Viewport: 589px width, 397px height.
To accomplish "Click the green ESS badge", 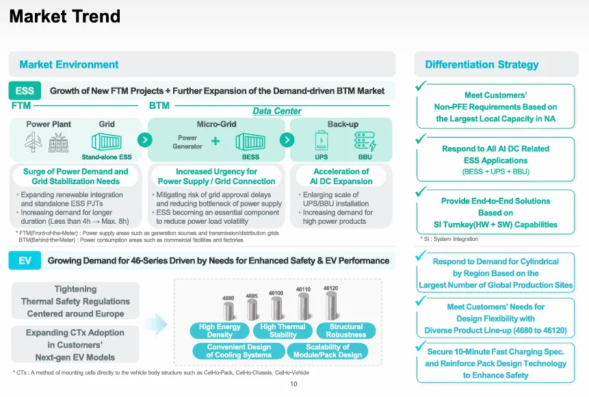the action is pos(25,90).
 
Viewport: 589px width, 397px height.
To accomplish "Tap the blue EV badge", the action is pos(25,261).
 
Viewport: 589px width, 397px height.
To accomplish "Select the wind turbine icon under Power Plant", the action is pos(34,142).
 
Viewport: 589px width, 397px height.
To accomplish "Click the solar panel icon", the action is pos(59,143).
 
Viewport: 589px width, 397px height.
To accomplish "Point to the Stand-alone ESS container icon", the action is pos(107,142).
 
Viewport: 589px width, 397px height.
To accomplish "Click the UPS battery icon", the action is pos(321,140).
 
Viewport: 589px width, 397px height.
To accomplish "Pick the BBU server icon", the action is pos(365,141).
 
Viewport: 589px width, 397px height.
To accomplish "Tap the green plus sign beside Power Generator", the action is pos(215,141).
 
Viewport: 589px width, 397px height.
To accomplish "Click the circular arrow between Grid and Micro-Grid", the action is pos(144,140).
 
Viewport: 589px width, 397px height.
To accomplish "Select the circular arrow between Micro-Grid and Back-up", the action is pos(287,140).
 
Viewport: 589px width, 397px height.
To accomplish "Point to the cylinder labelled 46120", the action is pos(331,305).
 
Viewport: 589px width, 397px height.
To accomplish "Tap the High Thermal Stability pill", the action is pos(283,331).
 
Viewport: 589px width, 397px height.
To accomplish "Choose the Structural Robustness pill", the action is pos(346,331).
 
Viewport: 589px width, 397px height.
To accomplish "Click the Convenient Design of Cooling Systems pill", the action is pos(239,350).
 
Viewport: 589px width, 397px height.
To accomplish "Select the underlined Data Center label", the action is pos(277,111).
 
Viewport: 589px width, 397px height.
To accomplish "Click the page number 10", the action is pos(293,384).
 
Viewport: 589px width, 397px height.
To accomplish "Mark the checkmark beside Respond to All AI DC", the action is pos(421,138).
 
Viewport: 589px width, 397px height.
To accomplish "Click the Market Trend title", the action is pos(64,16).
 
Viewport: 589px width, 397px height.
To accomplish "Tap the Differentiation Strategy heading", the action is pos(482,64).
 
